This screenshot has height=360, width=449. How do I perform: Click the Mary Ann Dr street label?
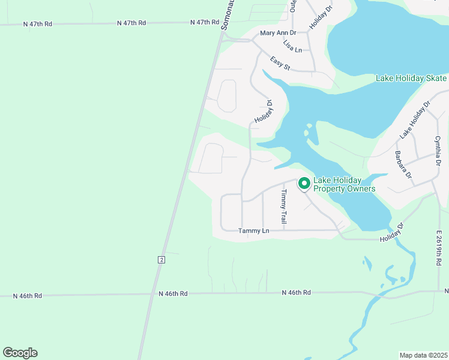tap(278, 33)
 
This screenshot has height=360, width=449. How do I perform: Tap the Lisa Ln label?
tap(292, 47)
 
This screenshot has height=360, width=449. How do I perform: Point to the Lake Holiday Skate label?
tap(411, 79)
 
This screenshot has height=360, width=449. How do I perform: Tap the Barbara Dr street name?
tap(403, 164)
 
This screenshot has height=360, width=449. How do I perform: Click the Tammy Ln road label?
tap(253, 230)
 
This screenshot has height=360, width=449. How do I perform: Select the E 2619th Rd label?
tap(439, 248)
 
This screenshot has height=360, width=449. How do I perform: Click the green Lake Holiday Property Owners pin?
tap(304, 183)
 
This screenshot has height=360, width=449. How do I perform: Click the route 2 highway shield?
tap(161, 259)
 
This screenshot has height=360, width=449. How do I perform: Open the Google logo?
tap(20, 353)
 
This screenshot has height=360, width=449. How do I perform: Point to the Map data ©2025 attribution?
tap(423, 355)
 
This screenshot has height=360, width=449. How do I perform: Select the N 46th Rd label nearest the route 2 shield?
tap(173, 293)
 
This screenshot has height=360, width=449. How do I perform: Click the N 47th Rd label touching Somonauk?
tap(205, 22)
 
